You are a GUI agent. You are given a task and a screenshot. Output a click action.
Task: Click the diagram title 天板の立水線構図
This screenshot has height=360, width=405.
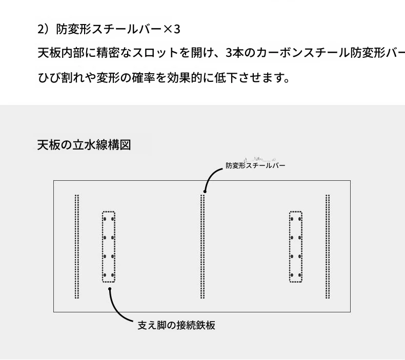[84, 145]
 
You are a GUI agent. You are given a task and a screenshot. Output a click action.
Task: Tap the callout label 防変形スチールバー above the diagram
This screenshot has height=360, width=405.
[255, 165]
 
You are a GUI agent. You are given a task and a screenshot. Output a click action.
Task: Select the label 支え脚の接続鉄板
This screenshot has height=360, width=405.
[176, 325]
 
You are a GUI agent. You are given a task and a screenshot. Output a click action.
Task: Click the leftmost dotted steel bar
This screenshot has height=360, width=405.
[77, 246]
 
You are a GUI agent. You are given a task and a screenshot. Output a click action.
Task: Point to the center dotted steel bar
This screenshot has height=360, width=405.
[202, 246]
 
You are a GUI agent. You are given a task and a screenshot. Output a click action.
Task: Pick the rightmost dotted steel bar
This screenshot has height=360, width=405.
[328, 246]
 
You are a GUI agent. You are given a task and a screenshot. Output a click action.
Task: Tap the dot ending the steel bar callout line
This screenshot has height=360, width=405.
[205, 191]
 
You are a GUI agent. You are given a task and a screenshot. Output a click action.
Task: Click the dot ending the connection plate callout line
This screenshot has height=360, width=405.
[110, 289]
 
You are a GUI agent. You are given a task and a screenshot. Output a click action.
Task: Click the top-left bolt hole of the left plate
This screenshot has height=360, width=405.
[105, 219]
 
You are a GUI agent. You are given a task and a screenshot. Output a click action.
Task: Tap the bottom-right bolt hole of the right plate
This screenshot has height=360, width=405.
[299, 275]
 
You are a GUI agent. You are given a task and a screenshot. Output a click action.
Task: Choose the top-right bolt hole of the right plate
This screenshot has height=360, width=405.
[299, 219]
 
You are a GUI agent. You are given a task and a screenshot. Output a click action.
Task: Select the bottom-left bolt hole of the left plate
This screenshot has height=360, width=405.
[105, 275]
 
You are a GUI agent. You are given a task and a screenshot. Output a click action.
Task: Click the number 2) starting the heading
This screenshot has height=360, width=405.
[43, 29]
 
